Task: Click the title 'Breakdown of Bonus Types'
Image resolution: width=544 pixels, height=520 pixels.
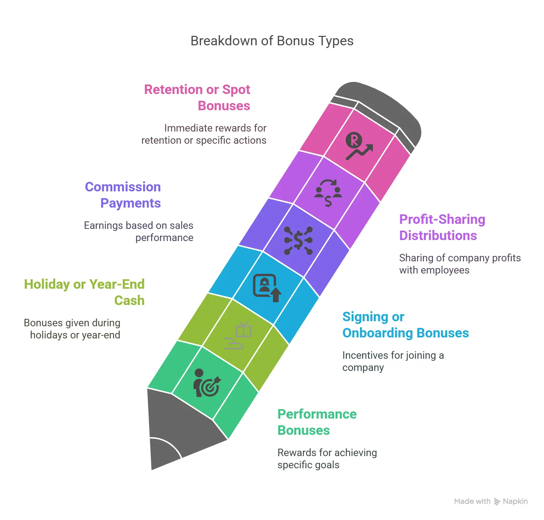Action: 272,41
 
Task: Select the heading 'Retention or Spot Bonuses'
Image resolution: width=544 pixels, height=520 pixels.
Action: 197,97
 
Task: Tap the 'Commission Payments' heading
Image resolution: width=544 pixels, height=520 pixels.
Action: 123,195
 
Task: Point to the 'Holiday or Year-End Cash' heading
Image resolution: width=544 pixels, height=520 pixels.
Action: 84,292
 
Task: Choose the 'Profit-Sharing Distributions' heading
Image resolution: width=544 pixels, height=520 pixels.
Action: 442,227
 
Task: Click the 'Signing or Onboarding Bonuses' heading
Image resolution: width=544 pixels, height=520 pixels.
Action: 406,325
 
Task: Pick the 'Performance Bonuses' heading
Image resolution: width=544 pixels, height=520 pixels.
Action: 317,422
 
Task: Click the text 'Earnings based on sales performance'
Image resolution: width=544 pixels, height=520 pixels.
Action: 139,232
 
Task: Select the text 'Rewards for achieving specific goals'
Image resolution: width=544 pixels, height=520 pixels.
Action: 327,459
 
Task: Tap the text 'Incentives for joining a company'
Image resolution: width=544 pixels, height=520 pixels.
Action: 393,361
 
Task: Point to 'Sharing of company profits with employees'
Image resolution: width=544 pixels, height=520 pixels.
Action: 460,264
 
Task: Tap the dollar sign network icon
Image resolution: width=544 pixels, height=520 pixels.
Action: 298,240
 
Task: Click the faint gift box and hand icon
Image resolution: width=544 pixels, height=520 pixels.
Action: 238,335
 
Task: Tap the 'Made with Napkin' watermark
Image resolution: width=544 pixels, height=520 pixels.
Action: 491,501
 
